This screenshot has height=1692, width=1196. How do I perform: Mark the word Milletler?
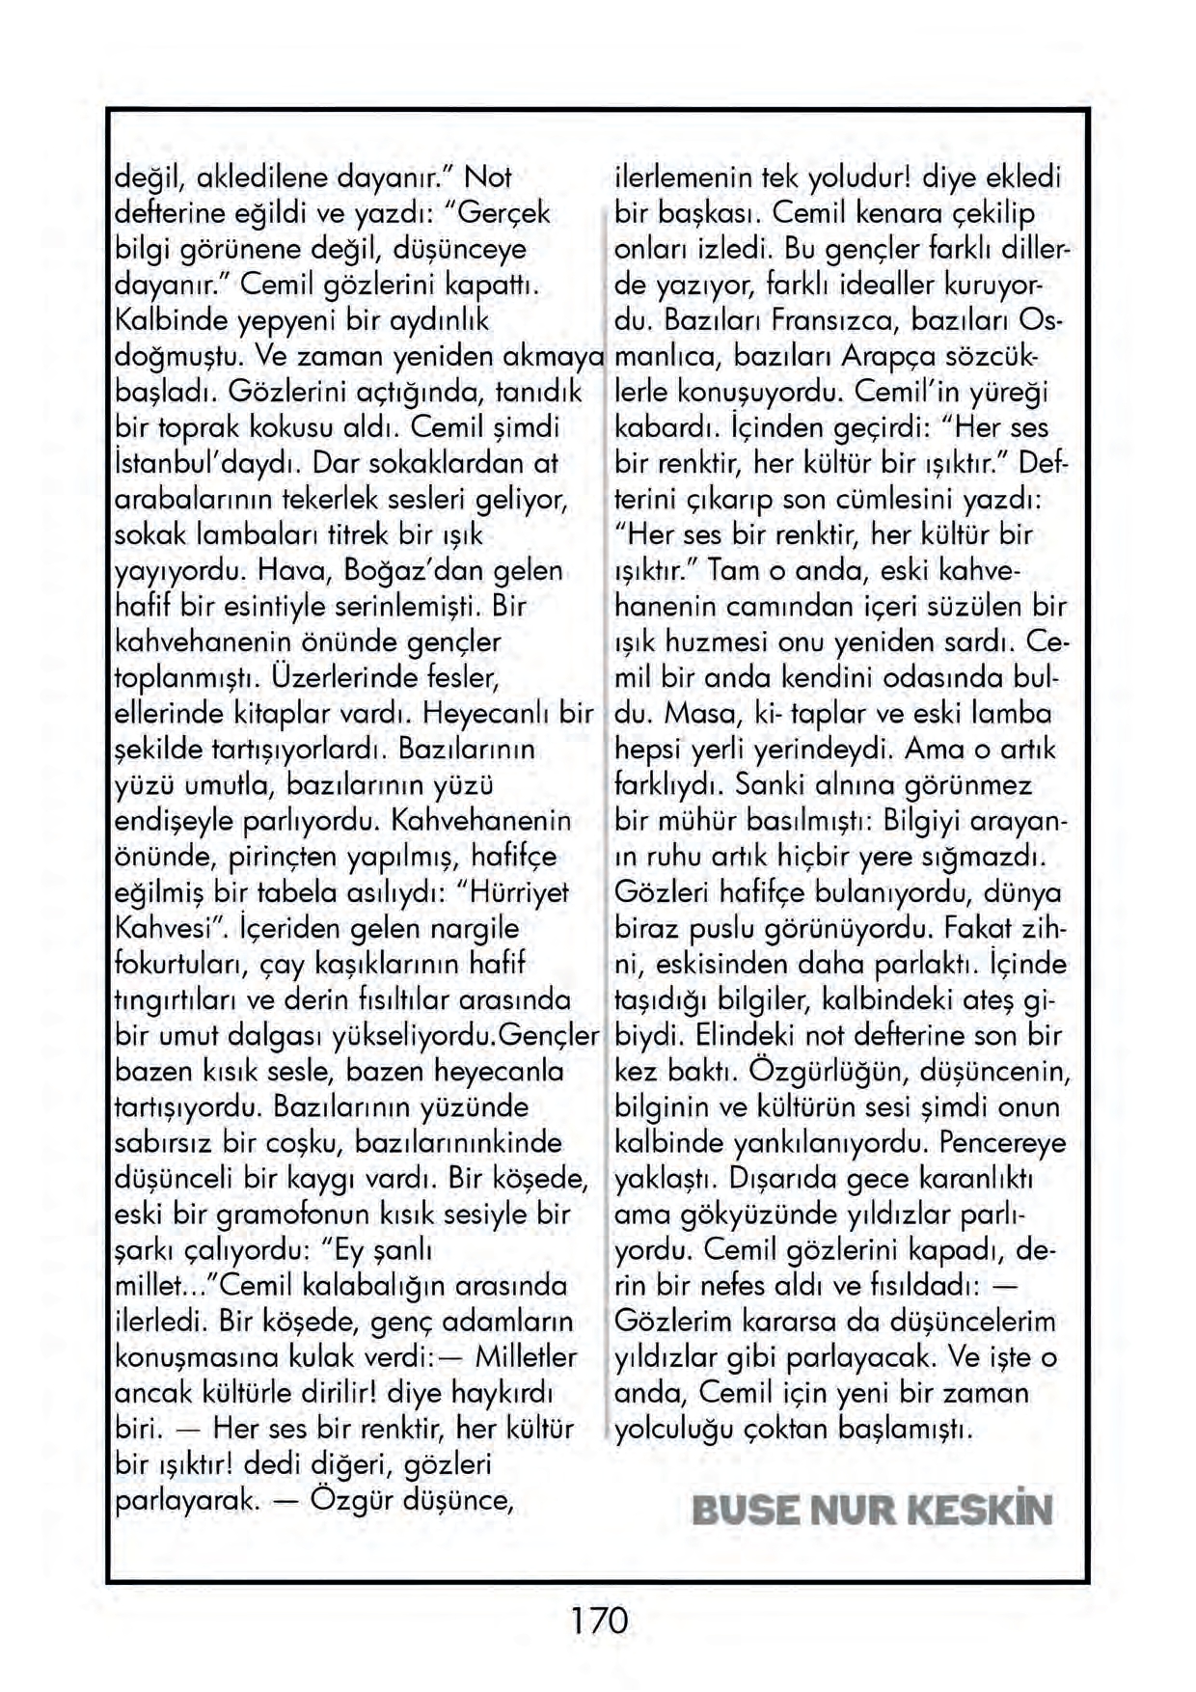click(526, 1357)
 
